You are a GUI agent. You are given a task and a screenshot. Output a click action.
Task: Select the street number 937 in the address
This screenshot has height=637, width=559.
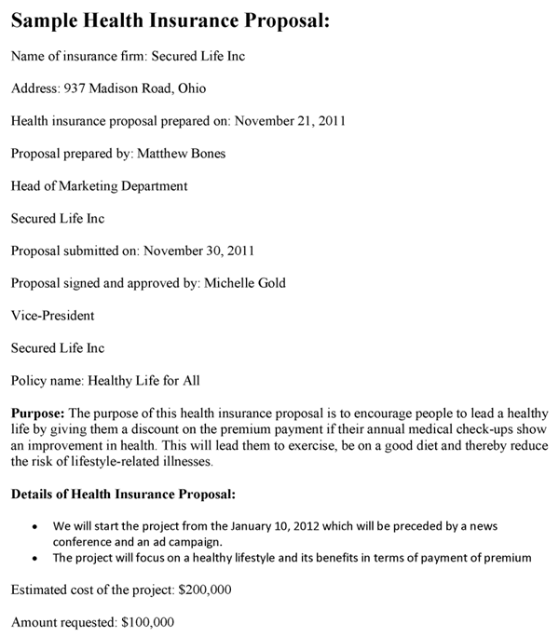pyautogui.click(x=75, y=88)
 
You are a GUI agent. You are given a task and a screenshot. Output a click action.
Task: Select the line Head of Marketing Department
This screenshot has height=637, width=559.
pyautogui.click(x=99, y=186)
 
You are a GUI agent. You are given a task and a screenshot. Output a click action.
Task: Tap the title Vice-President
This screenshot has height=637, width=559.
pyautogui.click(x=52, y=316)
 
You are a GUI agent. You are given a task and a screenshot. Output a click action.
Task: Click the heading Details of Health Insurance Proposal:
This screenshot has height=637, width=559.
pyautogui.click(x=123, y=494)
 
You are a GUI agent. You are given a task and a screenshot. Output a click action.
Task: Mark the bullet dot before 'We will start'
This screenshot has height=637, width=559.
pyautogui.click(x=34, y=526)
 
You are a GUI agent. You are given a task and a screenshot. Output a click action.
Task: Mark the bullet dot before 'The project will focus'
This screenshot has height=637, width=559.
pyautogui.click(x=34, y=559)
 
